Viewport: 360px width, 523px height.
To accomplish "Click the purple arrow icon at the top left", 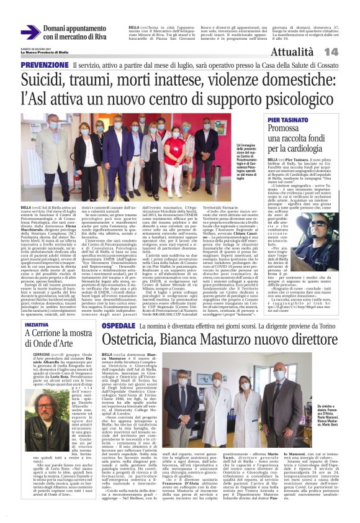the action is pyautogui.click(x=30, y=32).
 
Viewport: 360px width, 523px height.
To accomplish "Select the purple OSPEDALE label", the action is pyautogui.click(x=117, y=325).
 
